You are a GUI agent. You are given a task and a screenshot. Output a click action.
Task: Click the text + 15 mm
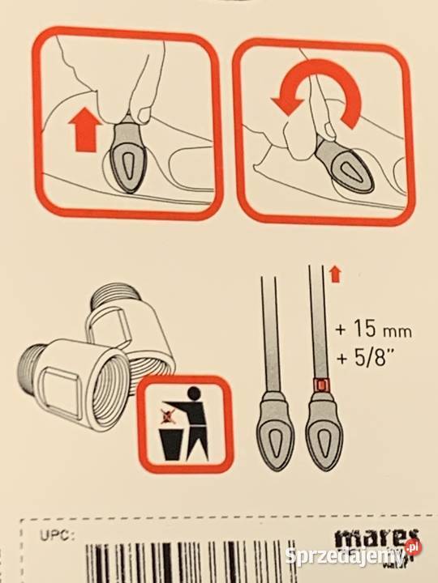372,331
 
